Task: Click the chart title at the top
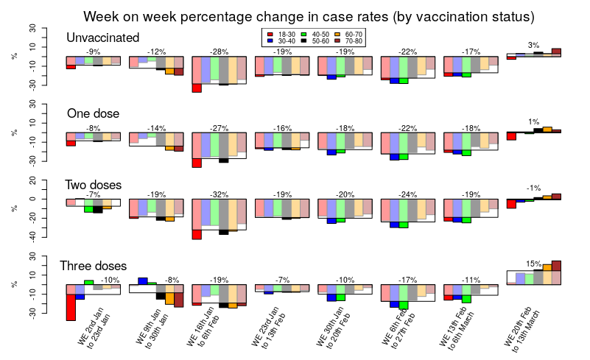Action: [309, 16]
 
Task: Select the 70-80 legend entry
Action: [348, 41]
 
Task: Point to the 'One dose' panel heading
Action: [93, 113]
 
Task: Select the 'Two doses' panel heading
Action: [94, 185]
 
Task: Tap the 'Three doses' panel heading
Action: [93, 266]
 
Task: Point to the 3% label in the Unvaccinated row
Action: [534, 45]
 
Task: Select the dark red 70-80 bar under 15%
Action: [557, 266]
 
